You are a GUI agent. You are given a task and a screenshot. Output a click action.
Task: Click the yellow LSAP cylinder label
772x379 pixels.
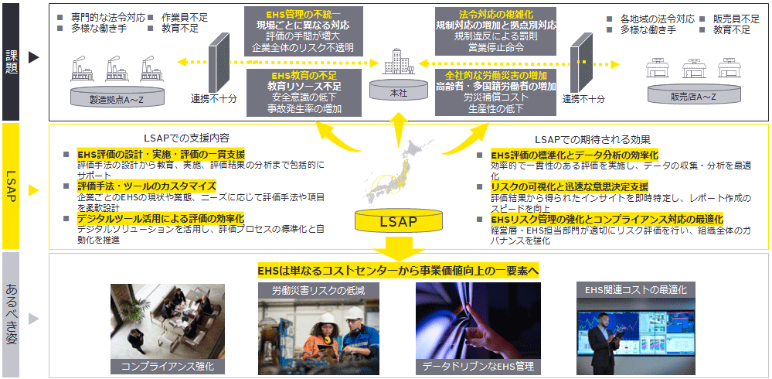click(398, 223)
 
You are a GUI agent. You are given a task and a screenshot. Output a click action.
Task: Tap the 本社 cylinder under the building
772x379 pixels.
click(398, 92)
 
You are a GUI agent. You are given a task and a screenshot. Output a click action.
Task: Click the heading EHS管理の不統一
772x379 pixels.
click(303, 13)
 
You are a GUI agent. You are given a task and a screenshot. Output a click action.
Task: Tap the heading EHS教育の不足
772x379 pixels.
click(303, 75)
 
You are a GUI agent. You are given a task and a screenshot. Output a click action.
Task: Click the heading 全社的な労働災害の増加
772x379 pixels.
click(496, 75)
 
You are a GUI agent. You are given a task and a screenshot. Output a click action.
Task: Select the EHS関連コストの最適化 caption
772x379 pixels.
click(635, 290)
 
